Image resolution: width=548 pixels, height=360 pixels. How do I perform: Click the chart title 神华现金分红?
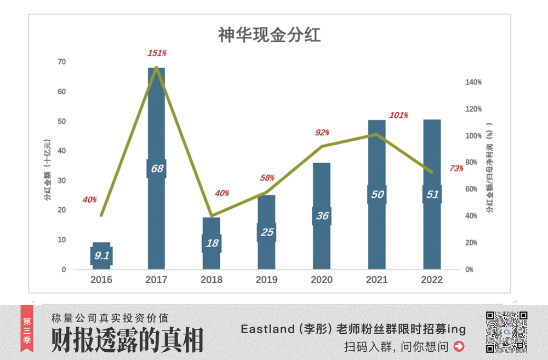[x=269, y=36]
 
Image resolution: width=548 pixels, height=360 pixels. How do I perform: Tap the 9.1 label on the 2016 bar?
[x=102, y=255]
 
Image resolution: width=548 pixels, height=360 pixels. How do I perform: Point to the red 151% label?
[x=157, y=53]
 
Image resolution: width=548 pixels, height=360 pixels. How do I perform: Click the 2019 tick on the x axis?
[x=267, y=280]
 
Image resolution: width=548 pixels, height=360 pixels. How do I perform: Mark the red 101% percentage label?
[x=399, y=116]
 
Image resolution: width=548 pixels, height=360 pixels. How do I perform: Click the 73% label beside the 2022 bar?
[x=456, y=169]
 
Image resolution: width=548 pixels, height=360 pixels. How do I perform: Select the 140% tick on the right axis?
[x=473, y=82]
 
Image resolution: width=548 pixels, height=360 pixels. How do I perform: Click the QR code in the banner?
[x=507, y=332]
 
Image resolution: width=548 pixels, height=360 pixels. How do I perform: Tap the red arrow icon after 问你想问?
[x=459, y=346]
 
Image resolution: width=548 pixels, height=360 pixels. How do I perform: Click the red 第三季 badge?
[x=26, y=332]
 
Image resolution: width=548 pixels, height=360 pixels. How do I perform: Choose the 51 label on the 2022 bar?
[x=432, y=195]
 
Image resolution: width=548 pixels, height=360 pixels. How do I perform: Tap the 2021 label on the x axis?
[x=376, y=280]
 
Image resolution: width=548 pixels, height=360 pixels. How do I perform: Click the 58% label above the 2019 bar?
[x=267, y=178]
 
